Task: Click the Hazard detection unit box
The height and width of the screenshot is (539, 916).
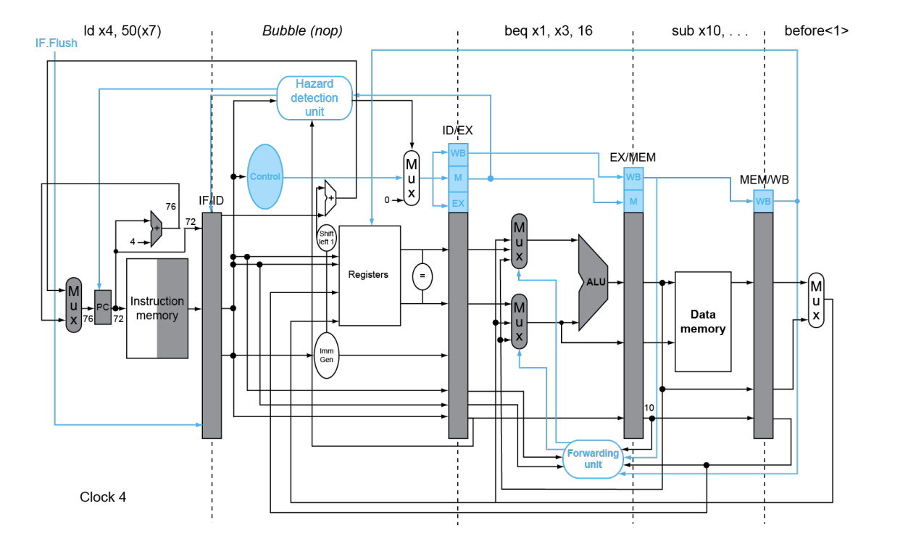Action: [315, 98]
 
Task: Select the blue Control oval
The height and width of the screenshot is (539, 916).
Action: [265, 176]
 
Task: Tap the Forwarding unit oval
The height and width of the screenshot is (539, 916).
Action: [593, 458]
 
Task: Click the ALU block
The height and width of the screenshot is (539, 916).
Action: [593, 282]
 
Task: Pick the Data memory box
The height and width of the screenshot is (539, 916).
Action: [703, 321]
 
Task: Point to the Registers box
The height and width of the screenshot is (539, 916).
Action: [370, 276]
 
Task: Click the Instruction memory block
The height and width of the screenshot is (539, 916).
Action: [157, 308]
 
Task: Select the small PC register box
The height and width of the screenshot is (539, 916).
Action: [103, 308]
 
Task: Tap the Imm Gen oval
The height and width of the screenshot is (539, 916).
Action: [326, 355]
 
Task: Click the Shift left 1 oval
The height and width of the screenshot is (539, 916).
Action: [326, 237]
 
